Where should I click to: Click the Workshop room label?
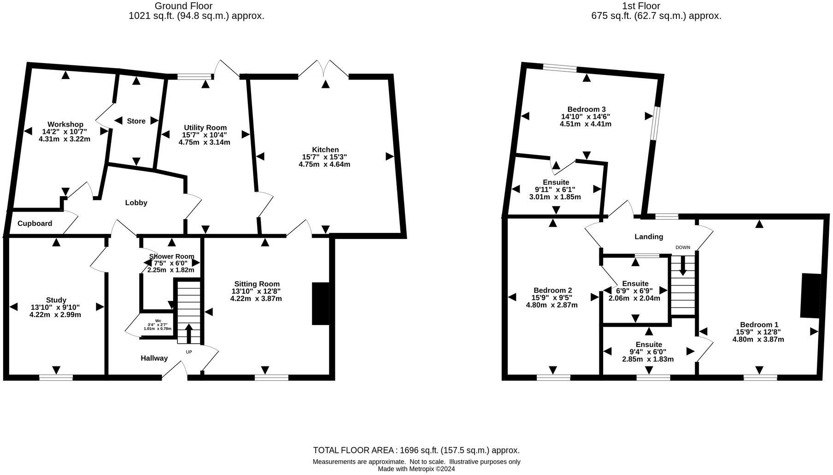[x=65, y=124]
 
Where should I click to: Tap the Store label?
[x=136, y=121]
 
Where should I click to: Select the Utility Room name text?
[x=205, y=127]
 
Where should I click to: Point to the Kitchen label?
[x=325, y=150]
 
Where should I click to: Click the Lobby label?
[x=136, y=203]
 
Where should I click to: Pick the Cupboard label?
[x=35, y=224]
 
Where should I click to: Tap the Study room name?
[x=56, y=300]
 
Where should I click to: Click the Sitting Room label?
[x=257, y=284]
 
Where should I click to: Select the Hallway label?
[x=154, y=358]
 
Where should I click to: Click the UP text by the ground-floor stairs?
[x=189, y=352]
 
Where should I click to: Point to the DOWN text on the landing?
[x=683, y=248]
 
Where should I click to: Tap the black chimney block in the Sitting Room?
[x=321, y=304]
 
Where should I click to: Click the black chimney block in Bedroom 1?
[x=810, y=295]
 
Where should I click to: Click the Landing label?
[x=649, y=237]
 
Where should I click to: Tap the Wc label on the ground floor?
[x=158, y=320]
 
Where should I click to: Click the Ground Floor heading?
[x=183, y=6]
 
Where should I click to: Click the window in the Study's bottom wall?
[x=56, y=377]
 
